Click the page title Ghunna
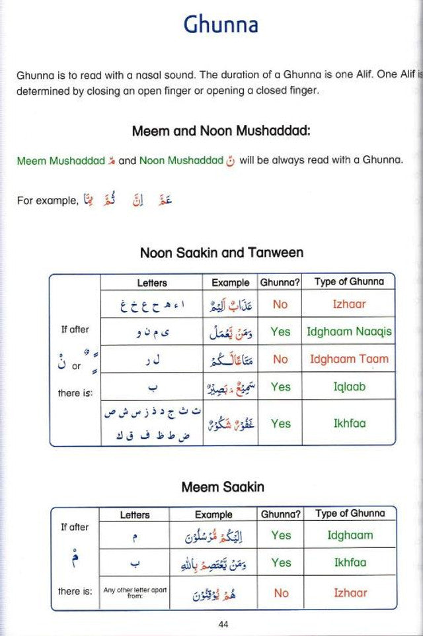click(220, 25)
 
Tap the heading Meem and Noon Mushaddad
click(221, 131)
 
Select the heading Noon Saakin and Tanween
click(221, 253)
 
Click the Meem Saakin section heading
click(223, 487)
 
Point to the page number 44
click(223, 623)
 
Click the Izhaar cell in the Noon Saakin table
click(348, 304)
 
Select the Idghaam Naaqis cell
click(348, 332)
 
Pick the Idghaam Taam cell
click(348, 359)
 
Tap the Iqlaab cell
click(348, 386)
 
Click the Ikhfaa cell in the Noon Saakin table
click(349, 423)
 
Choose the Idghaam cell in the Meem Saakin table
click(350, 535)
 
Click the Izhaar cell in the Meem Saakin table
click(350, 593)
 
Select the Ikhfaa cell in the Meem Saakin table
click(350, 563)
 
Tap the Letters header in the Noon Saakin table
click(152, 283)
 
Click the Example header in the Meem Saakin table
click(213, 514)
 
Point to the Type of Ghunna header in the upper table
click(348, 282)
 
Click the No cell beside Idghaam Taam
click(280, 359)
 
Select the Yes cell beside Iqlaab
click(280, 386)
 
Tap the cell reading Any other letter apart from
click(134, 591)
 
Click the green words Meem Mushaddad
click(61, 161)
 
